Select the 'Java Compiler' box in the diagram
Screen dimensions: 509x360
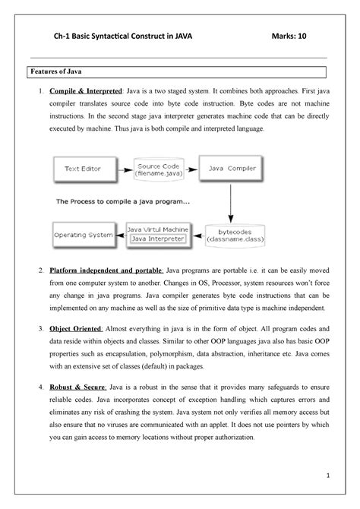click(x=230, y=167)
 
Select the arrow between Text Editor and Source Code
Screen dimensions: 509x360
click(x=122, y=167)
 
